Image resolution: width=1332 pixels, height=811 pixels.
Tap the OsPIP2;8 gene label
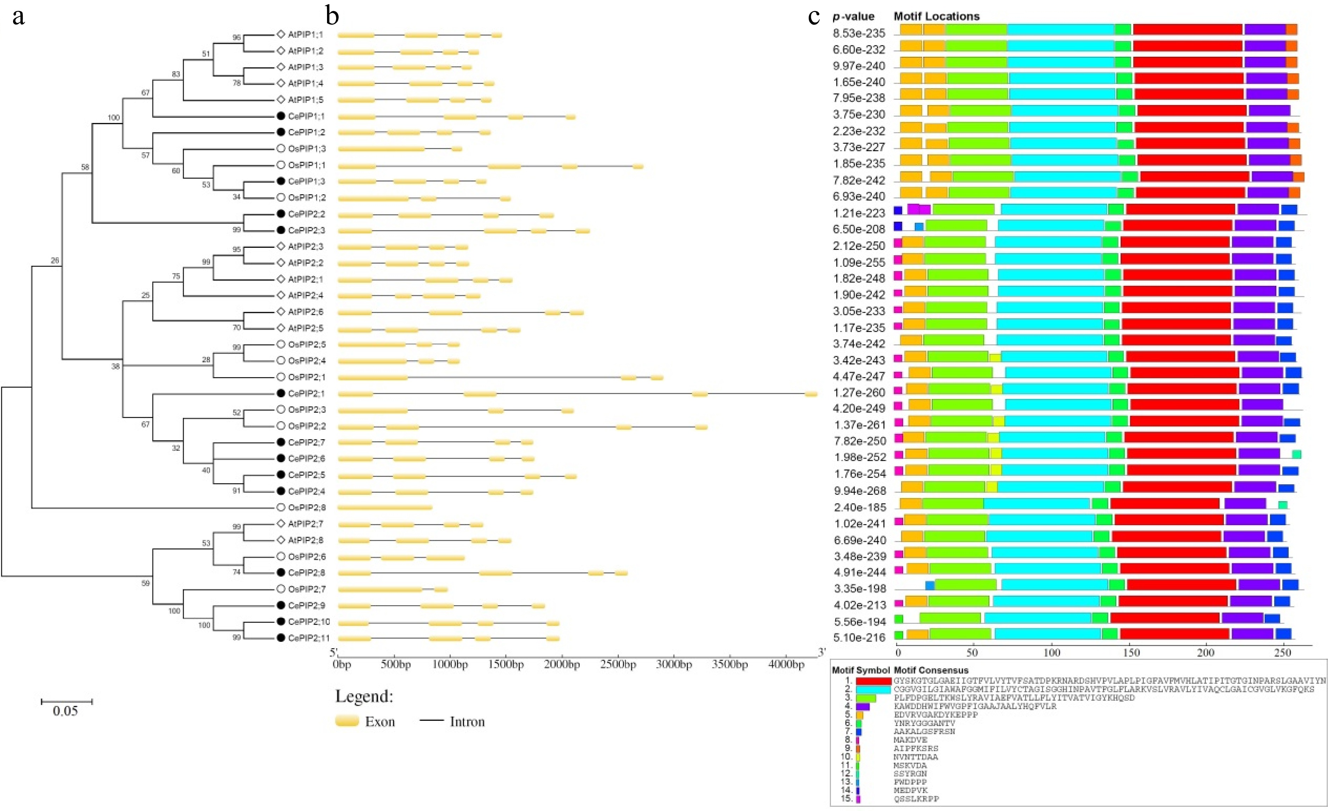(x=307, y=508)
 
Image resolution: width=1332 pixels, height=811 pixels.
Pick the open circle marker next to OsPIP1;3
(x=280, y=149)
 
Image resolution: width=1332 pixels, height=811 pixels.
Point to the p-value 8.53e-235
(x=859, y=33)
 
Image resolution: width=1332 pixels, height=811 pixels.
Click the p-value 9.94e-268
(x=859, y=491)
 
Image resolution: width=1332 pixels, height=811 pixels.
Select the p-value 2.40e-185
(x=859, y=508)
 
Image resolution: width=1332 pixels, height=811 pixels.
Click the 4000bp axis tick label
(x=786, y=664)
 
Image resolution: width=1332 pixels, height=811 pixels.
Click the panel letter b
(x=332, y=16)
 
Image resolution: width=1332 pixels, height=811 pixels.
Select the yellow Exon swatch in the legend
(x=347, y=721)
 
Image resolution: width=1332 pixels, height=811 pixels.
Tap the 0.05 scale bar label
(x=66, y=711)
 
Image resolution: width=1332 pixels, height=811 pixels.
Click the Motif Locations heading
(x=936, y=16)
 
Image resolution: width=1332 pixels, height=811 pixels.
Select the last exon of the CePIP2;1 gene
(x=811, y=394)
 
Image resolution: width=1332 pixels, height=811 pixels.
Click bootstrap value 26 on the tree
(x=55, y=260)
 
